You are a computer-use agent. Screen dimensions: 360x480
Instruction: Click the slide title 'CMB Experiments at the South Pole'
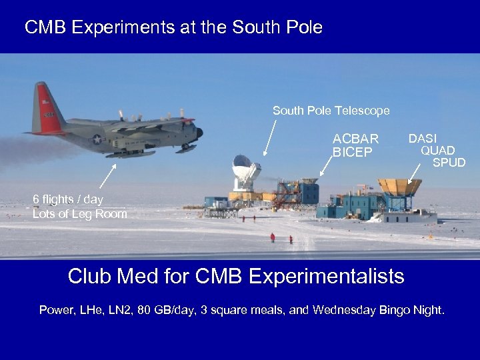tap(173, 27)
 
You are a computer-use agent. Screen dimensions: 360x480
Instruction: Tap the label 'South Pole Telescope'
tap(331, 111)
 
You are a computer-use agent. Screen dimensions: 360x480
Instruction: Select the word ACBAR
tap(355, 139)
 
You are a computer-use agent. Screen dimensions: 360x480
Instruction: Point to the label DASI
tap(423, 138)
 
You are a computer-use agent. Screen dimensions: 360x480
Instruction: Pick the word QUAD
tap(437, 150)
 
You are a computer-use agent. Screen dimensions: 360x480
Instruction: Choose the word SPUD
tap(449, 162)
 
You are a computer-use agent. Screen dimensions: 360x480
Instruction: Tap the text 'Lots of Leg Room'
tap(79, 213)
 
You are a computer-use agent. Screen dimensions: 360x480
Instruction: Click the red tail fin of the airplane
tap(46, 107)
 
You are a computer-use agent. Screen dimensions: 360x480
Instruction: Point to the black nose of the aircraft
tap(199, 133)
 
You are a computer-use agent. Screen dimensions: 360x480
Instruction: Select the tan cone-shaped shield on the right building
tap(399, 187)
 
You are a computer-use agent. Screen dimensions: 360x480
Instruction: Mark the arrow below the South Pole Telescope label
tap(271, 137)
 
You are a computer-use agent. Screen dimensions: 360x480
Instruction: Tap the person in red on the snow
tap(272, 237)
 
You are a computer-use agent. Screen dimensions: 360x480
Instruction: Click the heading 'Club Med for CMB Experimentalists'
tap(236, 276)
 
